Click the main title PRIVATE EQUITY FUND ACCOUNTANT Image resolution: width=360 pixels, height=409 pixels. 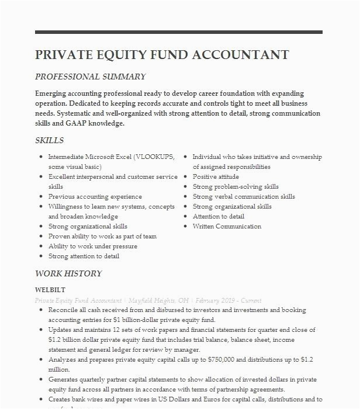(162, 55)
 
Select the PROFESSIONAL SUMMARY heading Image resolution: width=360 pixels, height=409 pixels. (90, 77)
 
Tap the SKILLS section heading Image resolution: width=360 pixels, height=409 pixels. (50, 140)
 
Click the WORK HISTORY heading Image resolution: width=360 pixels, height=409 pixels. (68, 273)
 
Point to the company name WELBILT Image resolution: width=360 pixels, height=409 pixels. (50, 290)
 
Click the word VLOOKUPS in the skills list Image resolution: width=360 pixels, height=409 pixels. (155, 157)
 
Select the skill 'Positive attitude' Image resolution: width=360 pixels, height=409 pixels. (216, 177)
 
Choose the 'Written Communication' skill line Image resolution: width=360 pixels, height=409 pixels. (227, 226)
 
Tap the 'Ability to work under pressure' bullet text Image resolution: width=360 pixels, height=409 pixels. (88, 246)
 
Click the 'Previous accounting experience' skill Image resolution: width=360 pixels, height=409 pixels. (95, 197)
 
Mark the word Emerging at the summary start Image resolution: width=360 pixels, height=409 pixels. (53, 93)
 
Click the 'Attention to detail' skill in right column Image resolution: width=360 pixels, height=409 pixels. (219, 216)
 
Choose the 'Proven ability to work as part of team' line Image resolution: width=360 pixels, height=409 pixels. (102, 236)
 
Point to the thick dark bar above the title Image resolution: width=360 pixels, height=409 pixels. (178, 32)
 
